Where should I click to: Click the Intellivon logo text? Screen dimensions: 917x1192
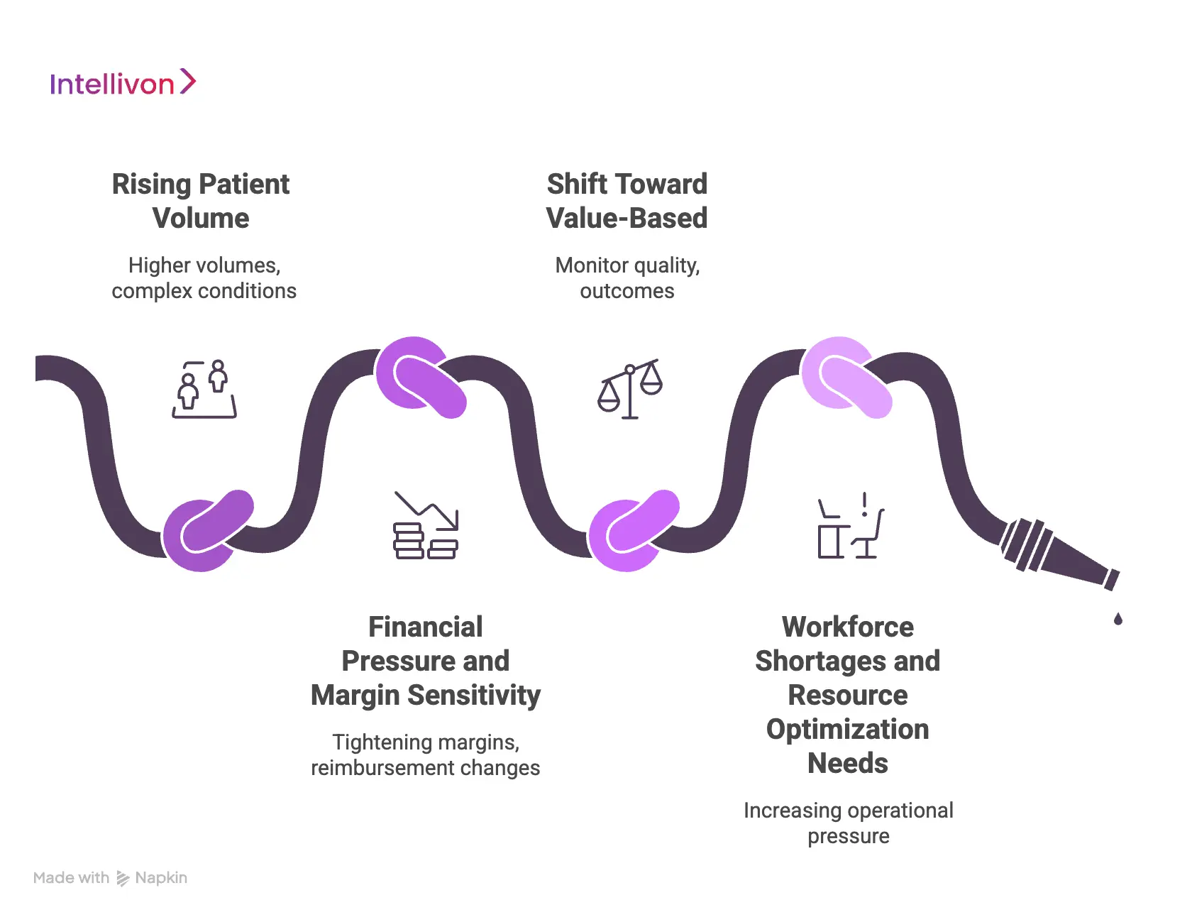click(111, 84)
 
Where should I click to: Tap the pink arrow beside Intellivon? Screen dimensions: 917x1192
click(187, 82)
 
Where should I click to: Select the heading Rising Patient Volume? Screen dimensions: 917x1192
click(201, 201)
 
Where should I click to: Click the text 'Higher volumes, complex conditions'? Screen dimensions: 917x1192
click(204, 278)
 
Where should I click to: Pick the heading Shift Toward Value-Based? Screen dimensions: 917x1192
click(627, 201)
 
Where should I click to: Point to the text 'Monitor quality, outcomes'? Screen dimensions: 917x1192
click(627, 278)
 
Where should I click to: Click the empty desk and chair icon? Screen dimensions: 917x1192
click(850, 527)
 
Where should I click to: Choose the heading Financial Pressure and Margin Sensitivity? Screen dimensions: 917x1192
click(426, 661)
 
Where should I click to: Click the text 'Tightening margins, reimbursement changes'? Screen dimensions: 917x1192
click(426, 754)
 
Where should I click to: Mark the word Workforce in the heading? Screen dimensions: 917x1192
click(847, 627)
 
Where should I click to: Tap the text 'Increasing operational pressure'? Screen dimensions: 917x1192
click(848, 823)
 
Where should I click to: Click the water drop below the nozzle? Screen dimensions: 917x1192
click(1118, 620)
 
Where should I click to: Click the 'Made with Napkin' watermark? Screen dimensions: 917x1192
click(111, 878)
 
